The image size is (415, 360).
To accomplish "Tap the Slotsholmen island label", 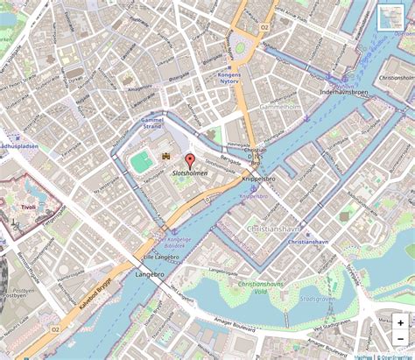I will (190, 174).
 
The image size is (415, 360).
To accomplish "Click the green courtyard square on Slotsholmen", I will (140, 160).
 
